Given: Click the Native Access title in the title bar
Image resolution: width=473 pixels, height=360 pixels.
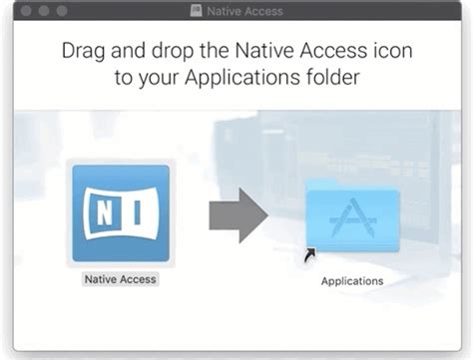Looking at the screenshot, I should point(244,10).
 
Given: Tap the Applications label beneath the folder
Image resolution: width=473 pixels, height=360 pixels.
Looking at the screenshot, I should point(351,281).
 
